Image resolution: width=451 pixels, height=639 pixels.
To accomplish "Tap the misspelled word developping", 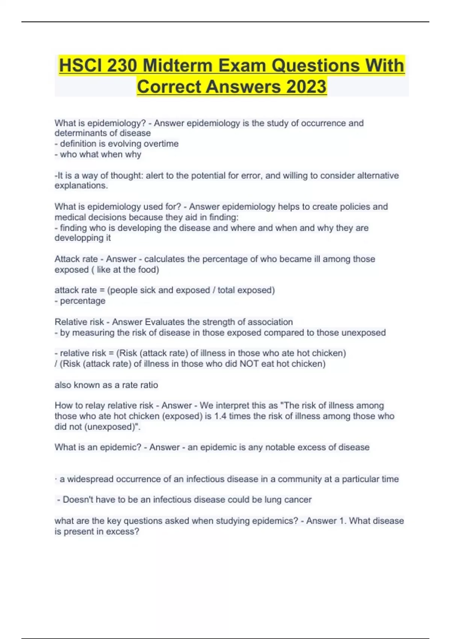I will click(x=77, y=238).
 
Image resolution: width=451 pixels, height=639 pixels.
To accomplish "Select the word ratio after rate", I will click(x=149, y=385).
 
